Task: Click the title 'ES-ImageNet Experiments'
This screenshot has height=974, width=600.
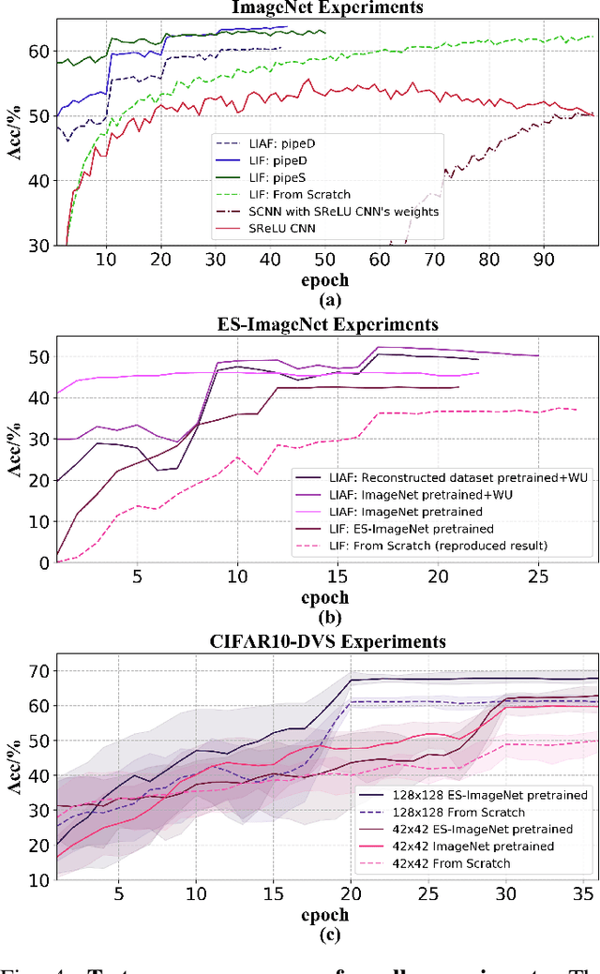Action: click(326, 326)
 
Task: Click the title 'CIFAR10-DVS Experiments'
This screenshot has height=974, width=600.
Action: click(326, 642)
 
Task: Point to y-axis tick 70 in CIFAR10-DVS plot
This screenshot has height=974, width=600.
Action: click(37, 671)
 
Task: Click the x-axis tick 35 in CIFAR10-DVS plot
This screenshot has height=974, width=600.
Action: click(582, 895)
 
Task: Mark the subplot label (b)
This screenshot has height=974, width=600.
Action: click(326, 616)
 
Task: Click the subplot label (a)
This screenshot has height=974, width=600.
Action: click(326, 300)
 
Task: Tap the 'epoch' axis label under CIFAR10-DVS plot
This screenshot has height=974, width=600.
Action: click(326, 914)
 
